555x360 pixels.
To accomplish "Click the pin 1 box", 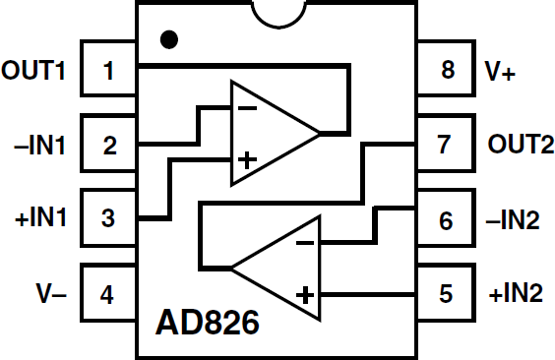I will [x=108, y=70].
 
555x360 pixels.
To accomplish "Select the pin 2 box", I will [x=108, y=145].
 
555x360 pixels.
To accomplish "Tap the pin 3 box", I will [x=108, y=218].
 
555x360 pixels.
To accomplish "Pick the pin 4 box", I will [x=108, y=293].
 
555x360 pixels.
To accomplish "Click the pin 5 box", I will [x=446, y=293].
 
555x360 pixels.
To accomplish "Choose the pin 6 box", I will [x=446, y=218].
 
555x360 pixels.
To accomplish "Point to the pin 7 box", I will [x=446, y=145].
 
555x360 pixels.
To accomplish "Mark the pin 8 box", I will [x=446, y=70].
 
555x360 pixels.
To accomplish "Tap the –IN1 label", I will [x=37, y=145].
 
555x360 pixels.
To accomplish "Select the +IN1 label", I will [x=37, y=218].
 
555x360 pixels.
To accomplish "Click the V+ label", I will [x=501, y=70].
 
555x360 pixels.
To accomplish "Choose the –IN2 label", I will [x=515, y=218].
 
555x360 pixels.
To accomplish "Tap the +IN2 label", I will [x=515, y=293].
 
